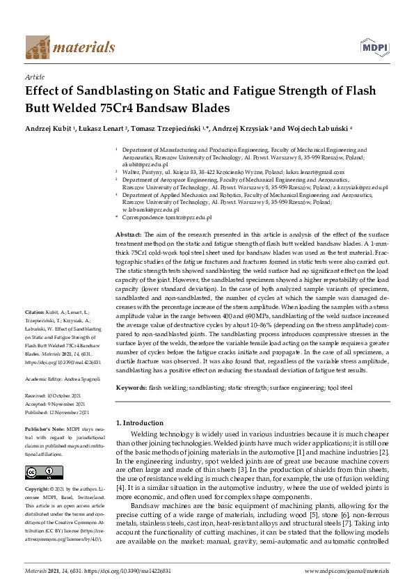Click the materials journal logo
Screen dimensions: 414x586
(x=70, y=47)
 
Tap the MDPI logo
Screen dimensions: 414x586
(x=373, y=47)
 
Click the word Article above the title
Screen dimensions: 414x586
(x=34, y=78)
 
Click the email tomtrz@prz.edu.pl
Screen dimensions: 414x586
(x=185, y=216)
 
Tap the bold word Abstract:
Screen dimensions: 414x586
(x=128, y=235)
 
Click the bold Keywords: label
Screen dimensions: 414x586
(x=131, y=386)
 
